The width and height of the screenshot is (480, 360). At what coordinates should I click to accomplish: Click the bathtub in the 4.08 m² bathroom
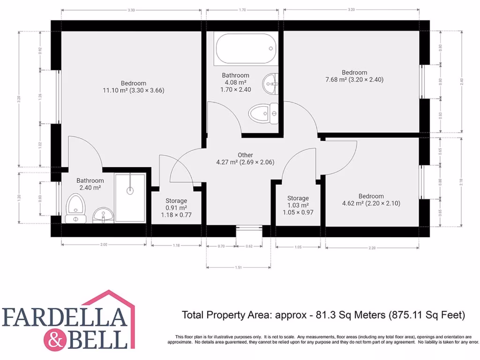pos(245,49)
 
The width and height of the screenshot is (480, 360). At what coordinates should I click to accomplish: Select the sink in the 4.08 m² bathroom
pos(270,84)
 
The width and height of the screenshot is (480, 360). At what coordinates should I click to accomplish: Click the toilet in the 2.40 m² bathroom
pos(75,210)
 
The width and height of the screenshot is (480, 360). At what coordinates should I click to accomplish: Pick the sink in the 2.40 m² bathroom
pos(103,215)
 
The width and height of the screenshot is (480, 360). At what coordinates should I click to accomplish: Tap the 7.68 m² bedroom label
pos(354,76)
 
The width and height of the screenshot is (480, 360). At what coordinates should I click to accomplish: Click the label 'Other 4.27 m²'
pos(245,159)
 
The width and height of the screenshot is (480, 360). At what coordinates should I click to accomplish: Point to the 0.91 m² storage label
pos(176,208)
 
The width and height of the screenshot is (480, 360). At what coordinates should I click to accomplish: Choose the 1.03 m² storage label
pos(298,205)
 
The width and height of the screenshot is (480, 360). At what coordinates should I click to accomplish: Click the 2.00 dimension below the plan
pos(104,245)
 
